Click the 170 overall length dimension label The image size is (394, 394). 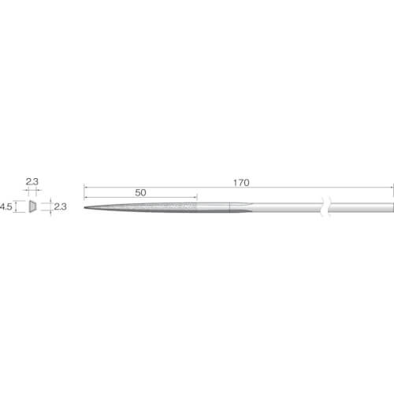coord(241,183)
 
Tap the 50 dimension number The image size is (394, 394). coord(140,193)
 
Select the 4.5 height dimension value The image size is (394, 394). coord(6,206)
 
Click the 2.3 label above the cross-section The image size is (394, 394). coord(32,181)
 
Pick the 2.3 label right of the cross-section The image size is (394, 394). coord(60,206)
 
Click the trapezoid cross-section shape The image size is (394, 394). coord(32,206)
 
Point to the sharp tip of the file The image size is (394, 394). coord(84,208)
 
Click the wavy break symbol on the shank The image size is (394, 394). coord(326,207)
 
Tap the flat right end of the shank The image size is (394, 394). coord(393,207)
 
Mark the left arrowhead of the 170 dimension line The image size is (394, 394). coord(85,188)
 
